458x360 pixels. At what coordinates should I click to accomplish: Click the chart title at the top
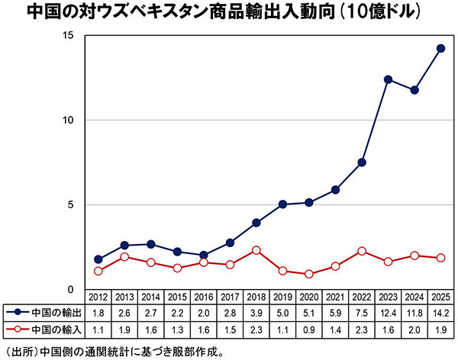tap(229, 13)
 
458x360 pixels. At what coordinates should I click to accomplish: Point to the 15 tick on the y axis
tap(68, 36)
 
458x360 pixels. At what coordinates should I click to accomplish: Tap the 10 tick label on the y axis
tap(68, 121)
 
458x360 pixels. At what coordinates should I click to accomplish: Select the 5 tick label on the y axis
tap(70, 205)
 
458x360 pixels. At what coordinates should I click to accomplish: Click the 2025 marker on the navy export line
tap(440, 48)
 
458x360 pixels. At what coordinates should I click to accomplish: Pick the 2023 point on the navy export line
tap(388, 79)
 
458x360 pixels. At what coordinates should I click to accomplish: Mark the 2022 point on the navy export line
tap(361, 162)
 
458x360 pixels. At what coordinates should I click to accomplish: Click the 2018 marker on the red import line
tap(256, 250)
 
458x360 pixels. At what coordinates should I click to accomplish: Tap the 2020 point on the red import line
tap(308, 274)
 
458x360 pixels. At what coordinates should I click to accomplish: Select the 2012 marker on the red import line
tap(98, 271)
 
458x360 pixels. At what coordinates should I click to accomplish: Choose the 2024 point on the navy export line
tap(414, 90)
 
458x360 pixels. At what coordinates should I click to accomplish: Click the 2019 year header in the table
tap(282, 297)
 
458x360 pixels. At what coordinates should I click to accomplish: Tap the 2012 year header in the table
tap(98, 297)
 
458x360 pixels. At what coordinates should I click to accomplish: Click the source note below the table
tap(114, 352)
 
